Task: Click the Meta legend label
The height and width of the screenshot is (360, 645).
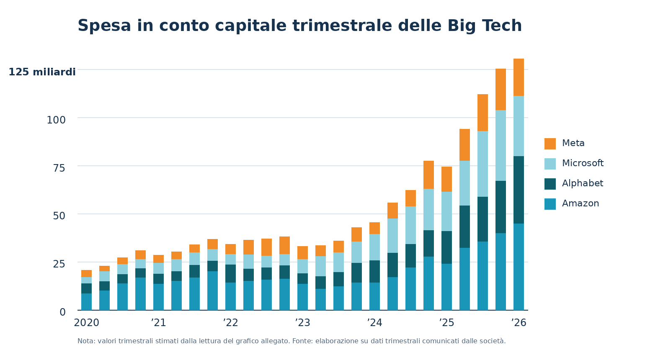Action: pyautogui.click(x=573, y=144)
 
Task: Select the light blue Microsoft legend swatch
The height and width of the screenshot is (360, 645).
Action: pyautogui.click(x=550, y=164)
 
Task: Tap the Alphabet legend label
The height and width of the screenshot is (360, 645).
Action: pyautogui.click(x=582, y=184)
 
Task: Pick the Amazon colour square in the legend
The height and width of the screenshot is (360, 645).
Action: pyautogui.click(x=550, y=204)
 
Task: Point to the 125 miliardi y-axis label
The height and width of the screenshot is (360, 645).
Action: pyautogui.click(x=42, y=72)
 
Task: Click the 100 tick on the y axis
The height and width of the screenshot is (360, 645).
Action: pyautogui.click(x=56, y=120)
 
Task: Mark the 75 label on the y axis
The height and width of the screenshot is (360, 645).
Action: pyautogui.click(x=59, y=168)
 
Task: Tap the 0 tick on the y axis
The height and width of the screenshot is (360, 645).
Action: pyautogui.click(x=62, y=312)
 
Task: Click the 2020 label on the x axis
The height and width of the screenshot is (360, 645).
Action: pyautogui.click(x=86, y=323)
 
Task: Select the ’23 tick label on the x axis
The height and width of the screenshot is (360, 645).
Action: pyautogui.click(x=302, y=323)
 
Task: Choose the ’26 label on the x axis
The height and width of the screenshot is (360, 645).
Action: pyautogui.click(x=519, y=323)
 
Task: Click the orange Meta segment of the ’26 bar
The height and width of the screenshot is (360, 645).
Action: pyautogui.click(x=519, y=77)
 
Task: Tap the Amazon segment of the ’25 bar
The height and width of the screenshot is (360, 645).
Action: pyautogui.click(x=446, y=287)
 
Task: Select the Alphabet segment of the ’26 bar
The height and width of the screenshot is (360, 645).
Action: pyautogui.click(x=519, y=190)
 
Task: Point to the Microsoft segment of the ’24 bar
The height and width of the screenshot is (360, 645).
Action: pyautogui.click(x=374, y=247)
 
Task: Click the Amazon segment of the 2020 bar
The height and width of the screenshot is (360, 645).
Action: pyautogui.click(x=86, y=301)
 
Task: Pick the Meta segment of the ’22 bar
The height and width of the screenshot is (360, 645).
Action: pyautogui.click(x=230, y=249)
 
